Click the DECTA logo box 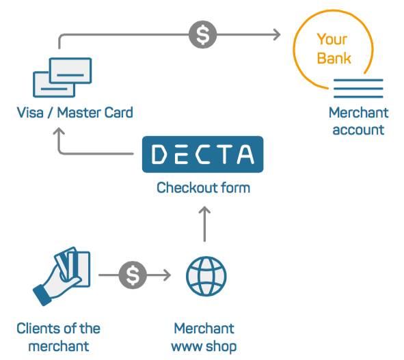click(x=203, y=154)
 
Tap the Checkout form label click(x=203, y=187)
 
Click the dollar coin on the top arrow click(x=203, y=34)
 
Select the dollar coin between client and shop click(x=133, y=275)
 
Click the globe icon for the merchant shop click(x=206, y=276)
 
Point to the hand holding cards click(x=62, y=276)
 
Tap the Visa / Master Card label click(x=75, y=113)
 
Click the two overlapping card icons click(x=62, y=77)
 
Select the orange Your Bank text click(x=334, y=49)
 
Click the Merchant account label click(x=359, y=121)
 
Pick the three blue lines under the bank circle click(x=358, y=88)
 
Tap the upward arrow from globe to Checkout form click(x=204, y=224)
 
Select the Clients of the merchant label click(x=59, y=337)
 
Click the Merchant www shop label click(x=204, y=337)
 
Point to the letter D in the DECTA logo click(x=159, y=154)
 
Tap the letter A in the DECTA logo click(x=245, y=154)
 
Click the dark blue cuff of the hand click(x=42, y=295)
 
